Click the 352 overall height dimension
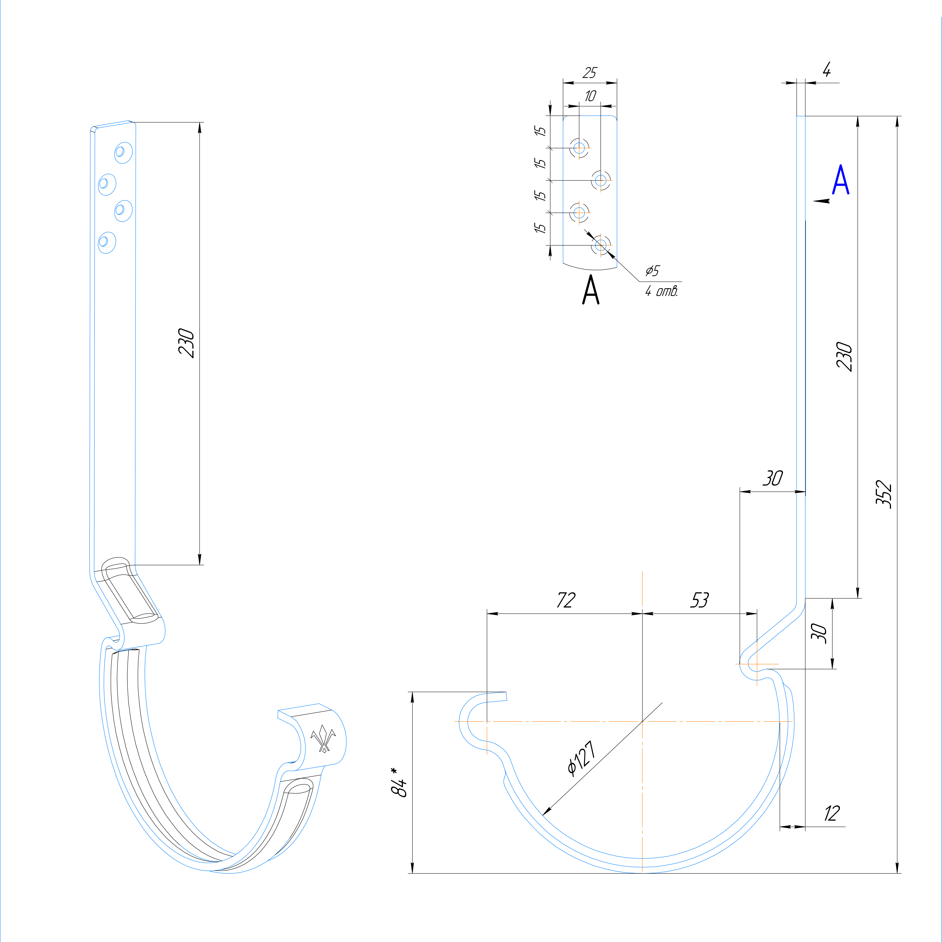(x=884, y=495)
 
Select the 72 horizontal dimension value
(x=566, y=600)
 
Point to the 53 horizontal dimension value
(x=699, y=600)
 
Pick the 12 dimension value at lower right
(x=832, y=813)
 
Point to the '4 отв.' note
(x=661, y=292)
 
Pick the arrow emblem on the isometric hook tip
(x=323, y=739)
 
